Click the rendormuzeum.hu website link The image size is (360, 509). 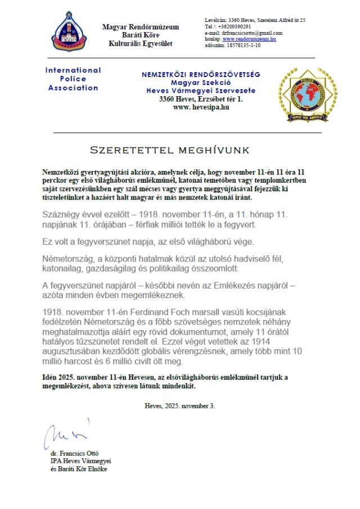tap(249, 39)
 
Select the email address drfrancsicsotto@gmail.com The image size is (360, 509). tap(252, 33)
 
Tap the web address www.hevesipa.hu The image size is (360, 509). tap(200, 106)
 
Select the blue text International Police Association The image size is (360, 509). tap(73, 79)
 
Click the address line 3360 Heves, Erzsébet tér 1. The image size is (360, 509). tap(201, 98)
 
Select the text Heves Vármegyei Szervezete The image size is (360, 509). tap(201, 91)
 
